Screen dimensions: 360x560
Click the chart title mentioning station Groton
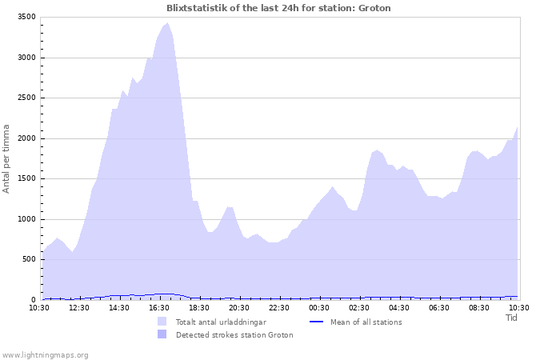[x=279, y=8]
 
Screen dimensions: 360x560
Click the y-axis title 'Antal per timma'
[x=7, y=158]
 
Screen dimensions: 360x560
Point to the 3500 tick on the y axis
[x=26, y=17]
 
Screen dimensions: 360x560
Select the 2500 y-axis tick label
[x=26, y=98]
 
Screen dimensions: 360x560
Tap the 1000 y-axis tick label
[x=26, y=219]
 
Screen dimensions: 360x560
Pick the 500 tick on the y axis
[x=28, y=259]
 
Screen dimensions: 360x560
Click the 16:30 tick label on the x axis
[x=159, y=308]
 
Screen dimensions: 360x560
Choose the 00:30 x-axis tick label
[x=319, y=308]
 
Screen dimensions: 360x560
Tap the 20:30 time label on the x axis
[x=239, y=308]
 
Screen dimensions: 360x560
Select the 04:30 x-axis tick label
[x=399, y=308]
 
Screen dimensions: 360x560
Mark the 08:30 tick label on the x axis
[x=479, y=308]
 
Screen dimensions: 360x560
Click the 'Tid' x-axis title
[x=512, y=318]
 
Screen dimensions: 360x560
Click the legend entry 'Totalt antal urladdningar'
[x=221, y=322]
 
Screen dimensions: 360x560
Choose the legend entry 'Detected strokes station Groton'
[x=234, y=334]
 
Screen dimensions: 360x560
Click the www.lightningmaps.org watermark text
[x=45, y=354]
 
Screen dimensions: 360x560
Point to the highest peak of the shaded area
[x=167, y=22]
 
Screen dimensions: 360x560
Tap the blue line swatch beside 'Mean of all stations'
[x=316, y=322]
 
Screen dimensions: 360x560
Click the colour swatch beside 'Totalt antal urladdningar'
[x=162, y=322]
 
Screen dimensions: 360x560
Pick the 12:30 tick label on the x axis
[x=79, y=308]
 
